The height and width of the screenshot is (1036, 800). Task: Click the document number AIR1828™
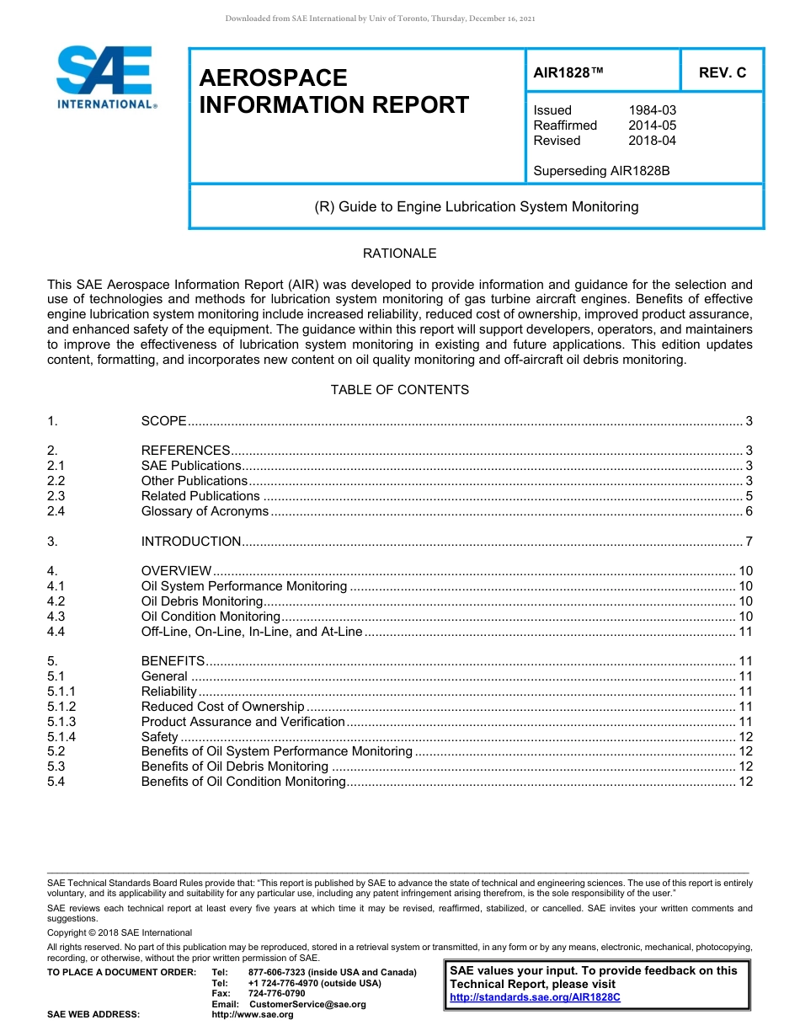[568, 72]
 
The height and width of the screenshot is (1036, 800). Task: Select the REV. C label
[722, 72]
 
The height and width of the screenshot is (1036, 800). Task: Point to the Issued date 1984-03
[652, 110]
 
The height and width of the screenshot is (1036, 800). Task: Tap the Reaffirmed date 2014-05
[652, 125]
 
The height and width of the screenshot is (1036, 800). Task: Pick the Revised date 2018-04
[652, 141]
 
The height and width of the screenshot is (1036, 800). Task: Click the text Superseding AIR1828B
[601, 171]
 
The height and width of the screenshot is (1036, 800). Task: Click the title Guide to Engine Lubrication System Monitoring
[476, 206]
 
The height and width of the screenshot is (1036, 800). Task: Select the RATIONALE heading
[399, 254]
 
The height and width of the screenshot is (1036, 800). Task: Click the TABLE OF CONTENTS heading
[399, 390]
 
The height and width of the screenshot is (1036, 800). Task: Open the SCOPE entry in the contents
[163, 420]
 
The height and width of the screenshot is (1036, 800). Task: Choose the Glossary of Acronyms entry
[205, 511]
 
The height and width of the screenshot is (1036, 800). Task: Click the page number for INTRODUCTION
[749, 542]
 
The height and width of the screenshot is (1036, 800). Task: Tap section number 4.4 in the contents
[56, 632]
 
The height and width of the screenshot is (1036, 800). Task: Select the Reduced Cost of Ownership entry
[222, 707]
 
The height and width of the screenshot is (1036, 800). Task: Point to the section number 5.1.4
[61, 737]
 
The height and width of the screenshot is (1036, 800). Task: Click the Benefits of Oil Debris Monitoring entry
[234, 766]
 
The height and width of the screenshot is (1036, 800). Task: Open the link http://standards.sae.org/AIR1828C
[535, 997]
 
